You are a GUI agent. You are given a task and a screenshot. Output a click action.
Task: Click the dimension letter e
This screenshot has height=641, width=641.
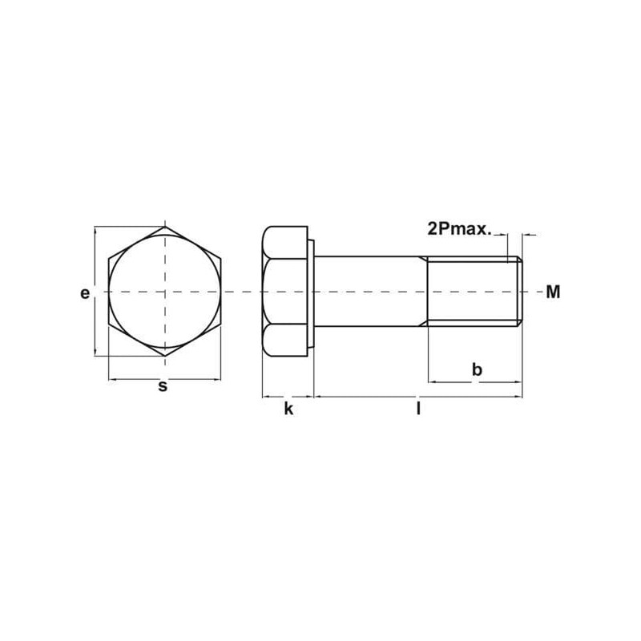[x=85, y=293]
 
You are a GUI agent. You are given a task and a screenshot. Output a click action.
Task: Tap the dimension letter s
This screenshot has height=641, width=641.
[x=163, y=386]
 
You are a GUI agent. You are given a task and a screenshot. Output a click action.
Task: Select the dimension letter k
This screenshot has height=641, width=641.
[x=288, y=409]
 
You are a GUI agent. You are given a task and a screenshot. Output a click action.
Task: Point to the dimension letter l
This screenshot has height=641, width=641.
[x=418, y=409]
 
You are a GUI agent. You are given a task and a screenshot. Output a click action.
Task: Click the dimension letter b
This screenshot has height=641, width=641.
[x=477, y=369]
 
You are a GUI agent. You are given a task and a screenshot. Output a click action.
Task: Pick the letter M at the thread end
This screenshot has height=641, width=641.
[x=553, y=292]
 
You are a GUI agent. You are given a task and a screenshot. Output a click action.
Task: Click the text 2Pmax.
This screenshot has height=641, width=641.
[x=459, y=228]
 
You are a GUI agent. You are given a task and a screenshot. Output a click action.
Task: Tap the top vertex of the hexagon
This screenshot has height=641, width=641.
[x=165, y=227]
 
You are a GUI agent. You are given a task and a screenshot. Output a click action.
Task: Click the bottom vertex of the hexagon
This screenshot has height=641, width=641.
[x=165, y=356]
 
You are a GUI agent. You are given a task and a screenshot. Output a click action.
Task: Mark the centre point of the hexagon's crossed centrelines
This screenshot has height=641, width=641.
[x=165, y=292]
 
